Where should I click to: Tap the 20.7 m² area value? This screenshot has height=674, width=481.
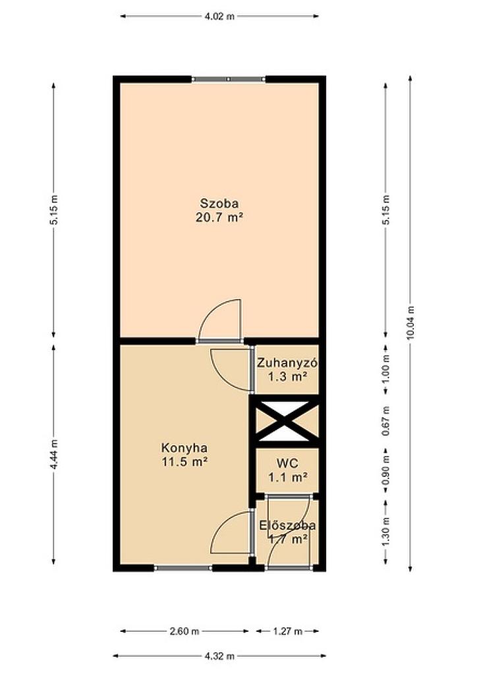pyautogui.click(x=219, y=217)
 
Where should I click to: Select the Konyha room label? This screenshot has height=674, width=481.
pyautogui.click(x=184, y=448)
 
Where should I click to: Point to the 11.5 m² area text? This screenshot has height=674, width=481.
pyautogui.click(x=184, y=463)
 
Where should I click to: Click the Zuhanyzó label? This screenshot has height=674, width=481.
pyautogui.click(x=287, y=363)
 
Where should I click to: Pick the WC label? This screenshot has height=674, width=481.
pyautogui.click(x=287, y=463)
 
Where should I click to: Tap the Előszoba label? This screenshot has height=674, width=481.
pyautogui.click(x=287, y=525)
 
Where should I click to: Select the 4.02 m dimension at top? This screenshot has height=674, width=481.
pyautogui.click(x=219, y=16)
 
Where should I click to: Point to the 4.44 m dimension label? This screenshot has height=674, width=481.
pyautogui.click(x=54, y=455)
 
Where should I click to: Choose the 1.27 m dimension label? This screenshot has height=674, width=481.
pyautogui.click(x=287, y=631)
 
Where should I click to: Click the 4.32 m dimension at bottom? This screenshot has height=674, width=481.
pyautogui.click(x=219, y=656)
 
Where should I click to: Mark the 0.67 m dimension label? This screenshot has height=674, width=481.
pyautogui.click(x=385, y=421)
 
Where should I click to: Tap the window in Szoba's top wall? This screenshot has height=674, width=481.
pyautogui.click(x=228, y=79)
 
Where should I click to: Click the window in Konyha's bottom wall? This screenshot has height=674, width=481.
pyautogui.click(x=183, y=568)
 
